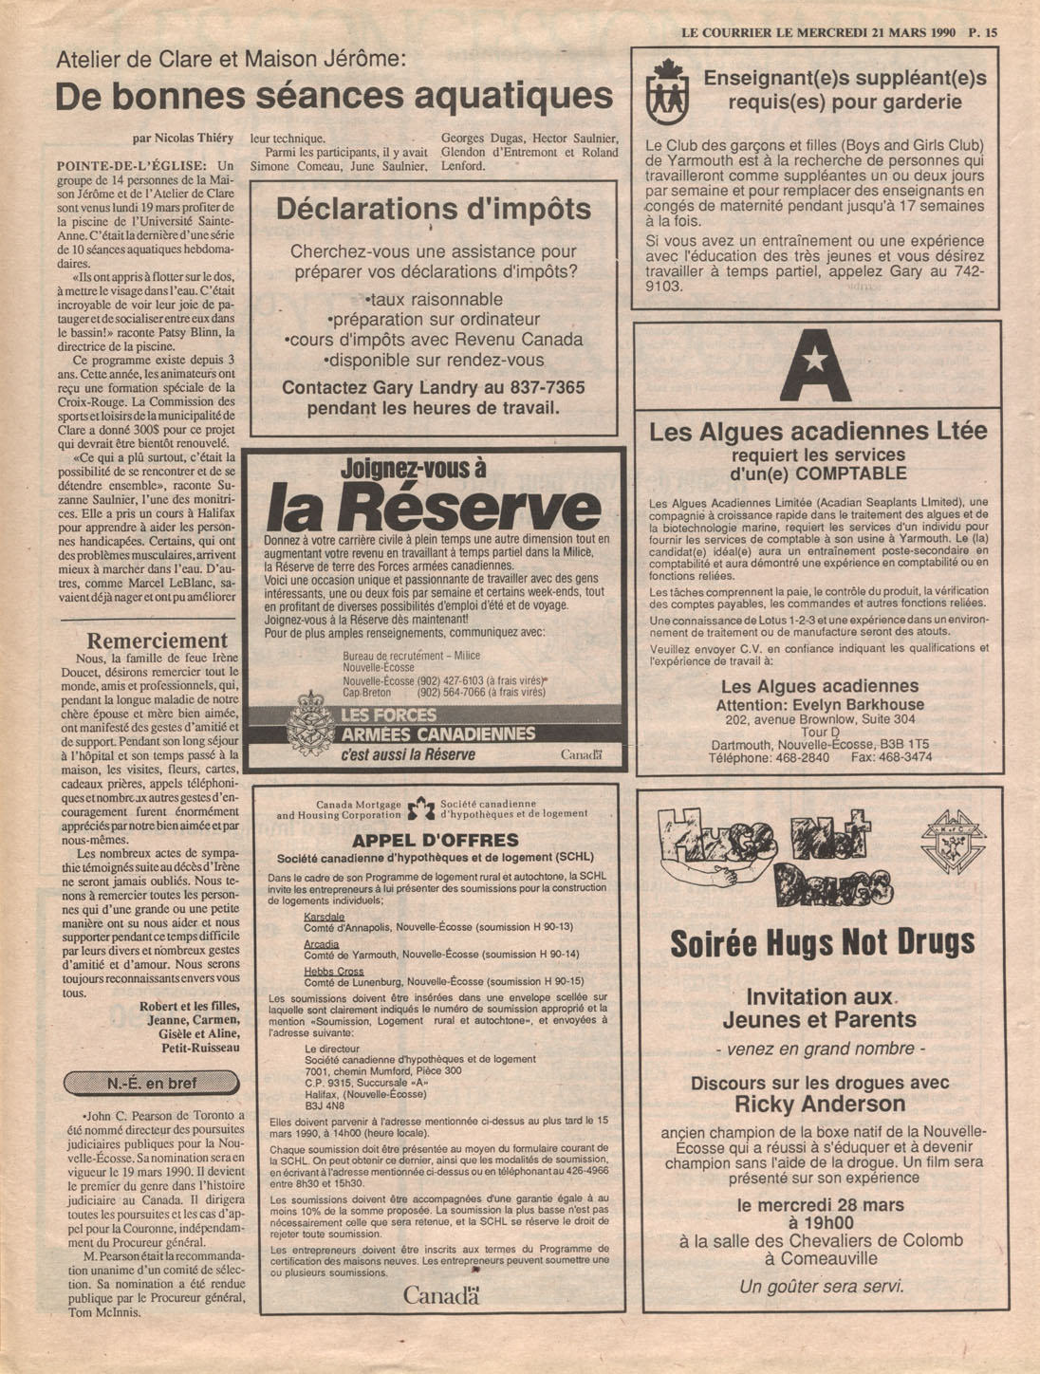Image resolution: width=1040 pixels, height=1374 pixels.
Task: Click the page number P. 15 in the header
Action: point(983,31)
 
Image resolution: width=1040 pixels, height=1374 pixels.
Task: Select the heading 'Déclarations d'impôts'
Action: point(433,210)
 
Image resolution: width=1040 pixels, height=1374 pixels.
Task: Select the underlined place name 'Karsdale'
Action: point(324,917)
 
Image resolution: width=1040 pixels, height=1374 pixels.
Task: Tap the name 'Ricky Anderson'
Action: point(820,1104)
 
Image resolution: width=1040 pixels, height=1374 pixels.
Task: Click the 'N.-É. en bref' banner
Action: point(152,1083)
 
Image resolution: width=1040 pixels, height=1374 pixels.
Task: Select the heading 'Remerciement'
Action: point(158,641)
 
